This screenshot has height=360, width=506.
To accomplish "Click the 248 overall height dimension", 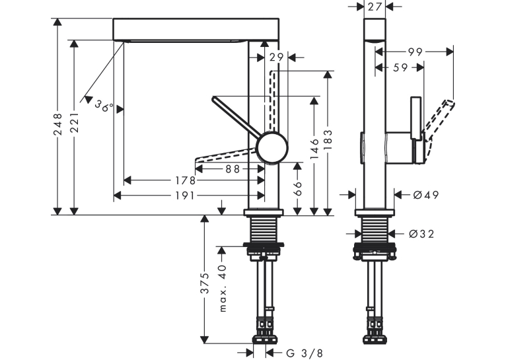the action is (x=58, y=124).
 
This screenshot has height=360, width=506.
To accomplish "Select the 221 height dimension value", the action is (x=75, y=123).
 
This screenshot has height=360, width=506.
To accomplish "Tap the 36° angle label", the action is (x=104, y=105).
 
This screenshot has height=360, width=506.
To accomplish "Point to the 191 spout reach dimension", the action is (x=184, y=196).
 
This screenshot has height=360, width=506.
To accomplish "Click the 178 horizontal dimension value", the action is (x=185, y=180).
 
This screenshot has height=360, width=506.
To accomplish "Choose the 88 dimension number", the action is (x=233, y=168).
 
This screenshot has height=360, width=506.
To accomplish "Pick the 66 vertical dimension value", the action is (x=297, y=188).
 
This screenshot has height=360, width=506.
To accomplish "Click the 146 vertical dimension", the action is (x=314, y=149).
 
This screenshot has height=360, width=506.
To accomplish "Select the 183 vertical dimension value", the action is (x=328, y=139).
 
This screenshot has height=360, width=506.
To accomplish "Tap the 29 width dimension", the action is (x=277, y=57).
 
